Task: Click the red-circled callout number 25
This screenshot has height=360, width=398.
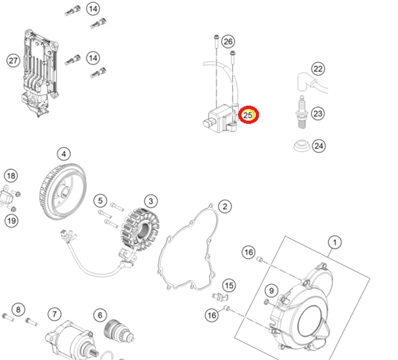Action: [248, 115]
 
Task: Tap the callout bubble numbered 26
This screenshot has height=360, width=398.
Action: [228, 42]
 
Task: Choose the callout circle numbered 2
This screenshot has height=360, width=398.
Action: [225, 206]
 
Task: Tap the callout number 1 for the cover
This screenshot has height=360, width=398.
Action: [335, 242]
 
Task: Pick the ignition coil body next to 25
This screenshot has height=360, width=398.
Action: [220, 118]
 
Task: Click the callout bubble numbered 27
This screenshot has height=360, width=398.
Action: [13, 61]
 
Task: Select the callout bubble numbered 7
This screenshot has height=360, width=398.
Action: [55, 314]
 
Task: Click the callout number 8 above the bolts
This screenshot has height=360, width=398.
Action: [18, 310]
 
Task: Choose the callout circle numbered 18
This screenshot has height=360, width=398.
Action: [11, 176]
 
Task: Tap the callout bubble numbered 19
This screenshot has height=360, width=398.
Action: [11, 220]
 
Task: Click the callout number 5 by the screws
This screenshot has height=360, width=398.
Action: [100, 200]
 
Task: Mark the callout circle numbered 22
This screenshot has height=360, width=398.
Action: [318, 69]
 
